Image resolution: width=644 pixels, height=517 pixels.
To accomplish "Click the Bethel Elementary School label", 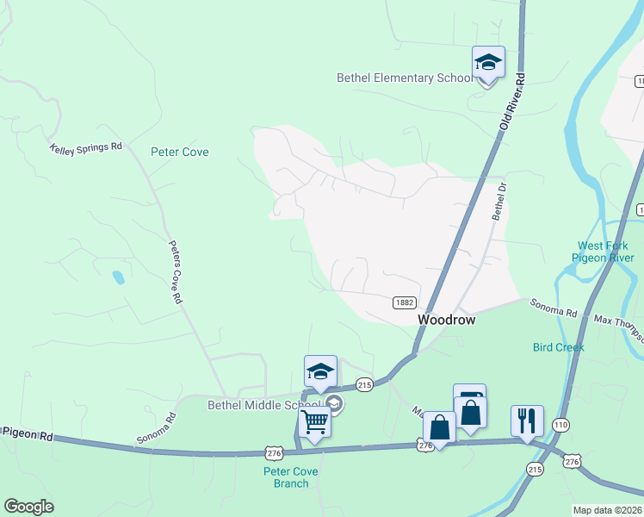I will click(x=404, y=78).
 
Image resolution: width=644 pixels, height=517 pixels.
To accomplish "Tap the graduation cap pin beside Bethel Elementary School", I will click(x=488, y=63).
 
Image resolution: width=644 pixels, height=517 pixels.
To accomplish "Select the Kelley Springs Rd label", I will click(x=86, y=147).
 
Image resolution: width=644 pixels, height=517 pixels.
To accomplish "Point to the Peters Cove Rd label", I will click(x=175, y=271).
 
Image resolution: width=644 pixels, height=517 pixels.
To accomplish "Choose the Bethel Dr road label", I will click(x=498, y=201).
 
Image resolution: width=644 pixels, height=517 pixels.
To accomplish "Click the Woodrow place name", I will click(x=447, y=319).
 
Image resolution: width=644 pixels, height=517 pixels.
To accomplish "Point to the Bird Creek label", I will click(x=558, y=347).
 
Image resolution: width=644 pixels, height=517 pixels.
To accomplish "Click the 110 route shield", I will click(x=560, y=425).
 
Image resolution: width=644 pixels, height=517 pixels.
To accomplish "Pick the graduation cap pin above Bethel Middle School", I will click(x=320, y=372).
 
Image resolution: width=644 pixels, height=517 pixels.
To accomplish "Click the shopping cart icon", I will click(x=314, y=423).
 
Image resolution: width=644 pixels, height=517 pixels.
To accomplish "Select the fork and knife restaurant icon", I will click(x=527, y=421).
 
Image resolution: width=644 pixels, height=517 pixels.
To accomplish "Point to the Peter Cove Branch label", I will click(x=291, y=477).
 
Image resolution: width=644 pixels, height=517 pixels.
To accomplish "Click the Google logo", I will click(x=28, y=507).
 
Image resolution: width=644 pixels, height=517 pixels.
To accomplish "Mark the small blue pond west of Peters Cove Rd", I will click(x=118, y=277).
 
